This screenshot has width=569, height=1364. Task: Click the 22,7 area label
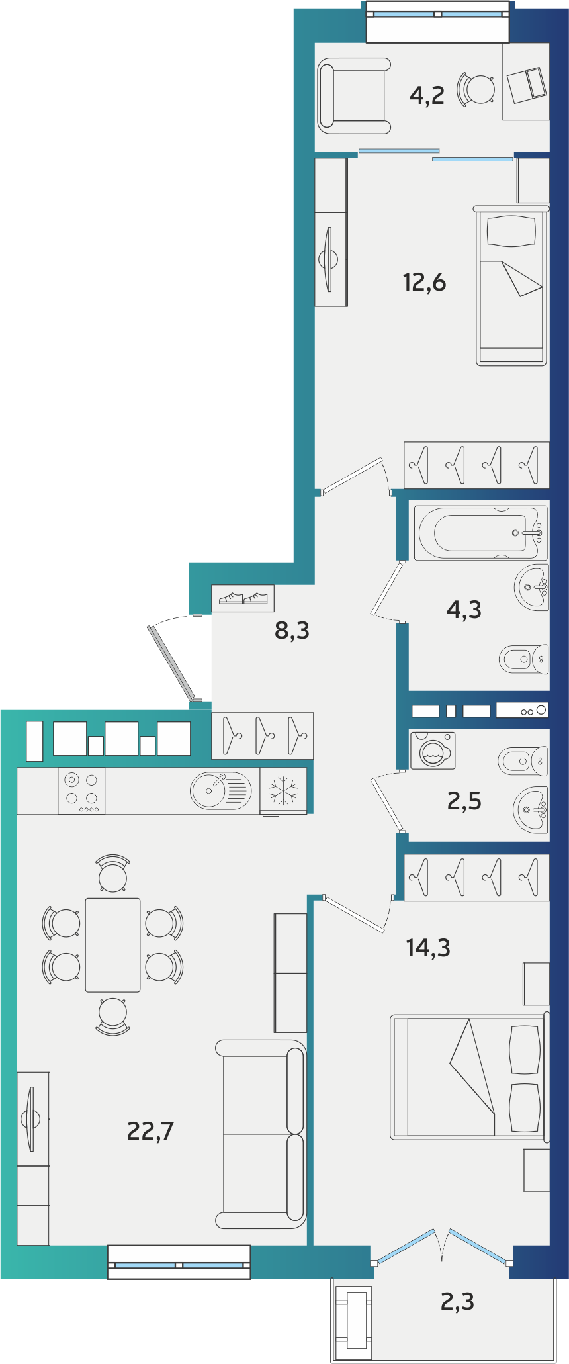pos(150,1131)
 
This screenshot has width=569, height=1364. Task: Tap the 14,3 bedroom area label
pos(428,948)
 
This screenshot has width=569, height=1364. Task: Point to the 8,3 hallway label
pos(292,631)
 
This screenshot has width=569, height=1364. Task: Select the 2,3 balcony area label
pos(457,1302)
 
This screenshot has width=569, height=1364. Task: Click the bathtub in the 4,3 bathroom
pos(481,532)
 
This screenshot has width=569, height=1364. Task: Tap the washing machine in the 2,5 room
pos(433,750)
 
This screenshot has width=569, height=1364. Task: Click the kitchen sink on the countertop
pos(221,790)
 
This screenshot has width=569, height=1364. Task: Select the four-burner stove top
pos(81,790)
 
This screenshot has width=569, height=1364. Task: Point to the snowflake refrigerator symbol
pos(283,791)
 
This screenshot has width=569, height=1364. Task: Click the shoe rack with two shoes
pos(243,598)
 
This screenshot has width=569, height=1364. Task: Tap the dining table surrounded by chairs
pos(112,945)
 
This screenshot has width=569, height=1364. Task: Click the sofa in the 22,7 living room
pos(261,1134)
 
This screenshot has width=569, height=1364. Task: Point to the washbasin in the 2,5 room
pos(531,809)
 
